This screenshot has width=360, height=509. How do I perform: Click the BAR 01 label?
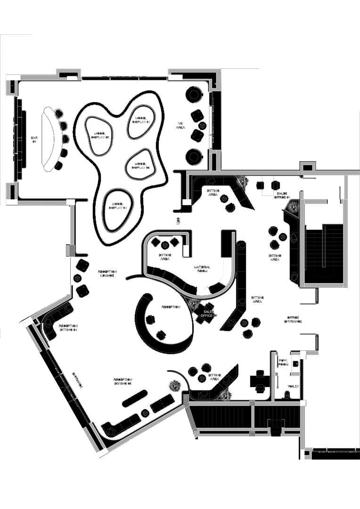pos(34,139)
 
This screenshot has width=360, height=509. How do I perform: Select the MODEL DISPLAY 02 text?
pos(100,135)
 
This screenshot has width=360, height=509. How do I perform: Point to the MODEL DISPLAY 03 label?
pos(140,165)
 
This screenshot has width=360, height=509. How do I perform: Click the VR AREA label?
pos(181,126)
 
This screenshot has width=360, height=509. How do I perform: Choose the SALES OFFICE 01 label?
pos(283,195)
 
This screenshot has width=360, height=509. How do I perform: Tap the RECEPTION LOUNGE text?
pos(107,274)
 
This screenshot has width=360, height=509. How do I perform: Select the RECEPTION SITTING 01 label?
pos(68,328)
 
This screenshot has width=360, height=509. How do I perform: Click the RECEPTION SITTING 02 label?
pos(123,381)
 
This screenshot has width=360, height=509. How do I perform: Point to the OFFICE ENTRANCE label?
pos(293,319)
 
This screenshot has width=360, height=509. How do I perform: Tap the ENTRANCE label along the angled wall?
pos(77,380)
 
